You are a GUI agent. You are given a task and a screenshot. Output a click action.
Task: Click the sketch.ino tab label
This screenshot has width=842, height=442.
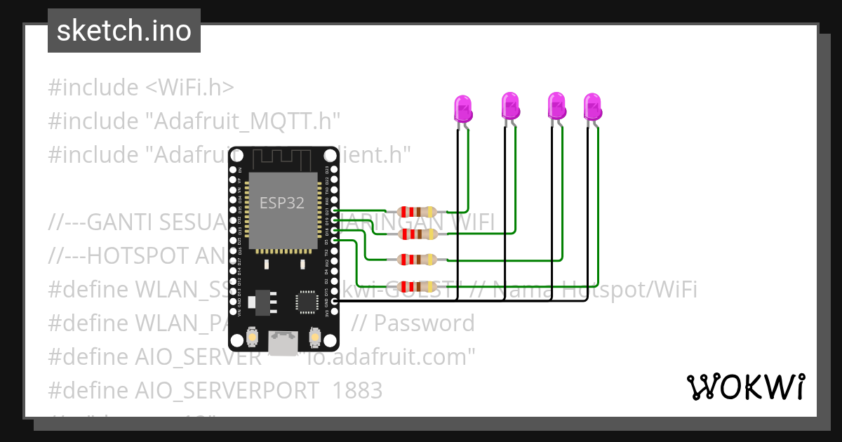(123, 31)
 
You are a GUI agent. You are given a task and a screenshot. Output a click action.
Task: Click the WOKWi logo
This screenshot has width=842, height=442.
(744, 386)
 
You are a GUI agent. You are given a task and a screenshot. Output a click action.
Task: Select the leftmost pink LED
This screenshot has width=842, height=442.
(463, 109)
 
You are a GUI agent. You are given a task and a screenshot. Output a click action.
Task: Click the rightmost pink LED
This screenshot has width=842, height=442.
(593, 106)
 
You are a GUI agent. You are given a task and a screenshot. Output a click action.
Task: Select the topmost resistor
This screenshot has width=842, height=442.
(417, 211)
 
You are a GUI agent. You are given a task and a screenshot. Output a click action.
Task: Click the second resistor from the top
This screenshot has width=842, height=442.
(417, 233)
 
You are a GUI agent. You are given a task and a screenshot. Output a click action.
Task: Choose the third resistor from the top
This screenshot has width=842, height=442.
(417, 260)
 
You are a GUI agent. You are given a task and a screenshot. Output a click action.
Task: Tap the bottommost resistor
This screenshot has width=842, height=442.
(417, 286)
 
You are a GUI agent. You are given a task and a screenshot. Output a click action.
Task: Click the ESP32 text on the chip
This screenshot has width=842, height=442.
(282, 203)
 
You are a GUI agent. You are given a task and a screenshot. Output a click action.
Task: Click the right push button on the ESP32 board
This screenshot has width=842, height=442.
(315, 340)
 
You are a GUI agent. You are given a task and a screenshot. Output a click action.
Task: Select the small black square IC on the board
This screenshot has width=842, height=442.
(306, 302)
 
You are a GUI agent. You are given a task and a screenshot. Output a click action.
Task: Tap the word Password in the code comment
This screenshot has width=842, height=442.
(424, 323)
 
